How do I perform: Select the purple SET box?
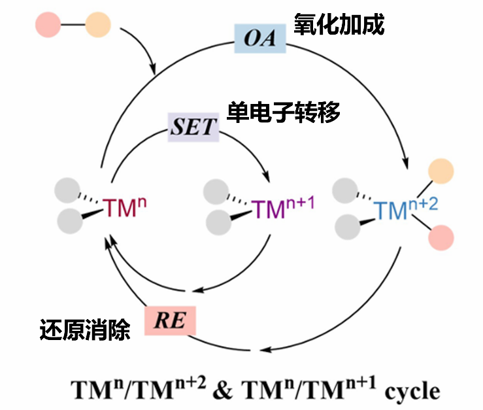[193, 126]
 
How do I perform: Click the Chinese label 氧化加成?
[339, 25]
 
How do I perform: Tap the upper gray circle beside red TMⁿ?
[68, 190]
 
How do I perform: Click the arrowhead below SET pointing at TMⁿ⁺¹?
[267, 179]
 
